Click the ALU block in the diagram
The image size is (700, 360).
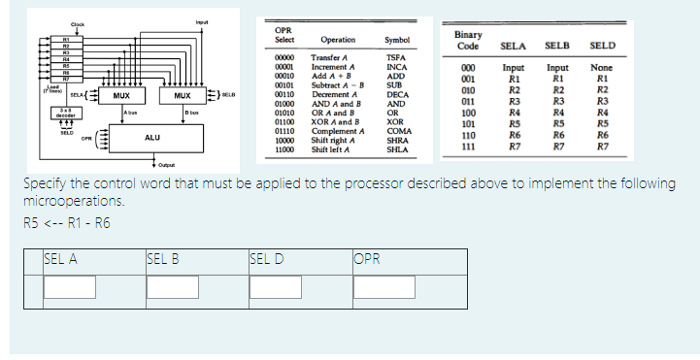coord(151,139)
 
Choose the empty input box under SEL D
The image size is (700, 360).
coord(278,286)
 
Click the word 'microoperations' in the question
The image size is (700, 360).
coord(71,202)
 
